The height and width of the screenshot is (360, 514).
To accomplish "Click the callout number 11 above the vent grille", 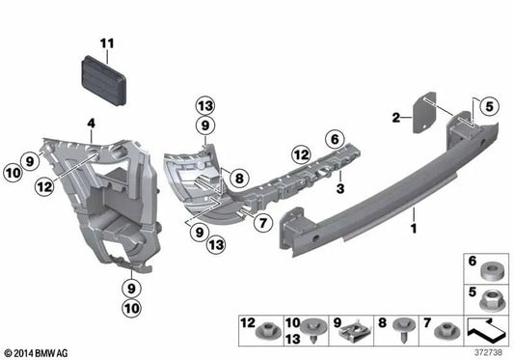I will (x=107, y=42).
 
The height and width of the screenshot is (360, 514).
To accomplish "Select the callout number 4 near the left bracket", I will (x=91, y=123).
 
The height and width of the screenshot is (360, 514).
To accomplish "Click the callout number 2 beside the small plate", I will (x=393, y=118).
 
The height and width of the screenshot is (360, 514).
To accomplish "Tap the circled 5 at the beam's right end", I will (x=488, y=108).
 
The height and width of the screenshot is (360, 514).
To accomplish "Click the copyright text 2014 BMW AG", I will (x=39, y=352).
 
